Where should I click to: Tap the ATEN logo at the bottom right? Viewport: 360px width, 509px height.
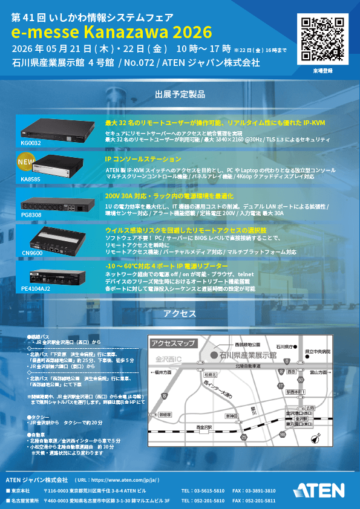tap(319, 489)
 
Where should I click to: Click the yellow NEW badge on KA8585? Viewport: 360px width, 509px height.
tap(25, 162)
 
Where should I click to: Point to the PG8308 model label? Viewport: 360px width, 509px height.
tap(31, 215)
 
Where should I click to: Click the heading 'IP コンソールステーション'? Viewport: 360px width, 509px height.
tap(143, 158)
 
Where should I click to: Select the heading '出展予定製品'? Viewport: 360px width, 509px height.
tap(180, 94)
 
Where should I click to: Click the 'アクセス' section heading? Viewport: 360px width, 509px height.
tap(180, 313)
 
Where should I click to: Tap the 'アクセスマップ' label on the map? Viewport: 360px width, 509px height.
tap(173, 343)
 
